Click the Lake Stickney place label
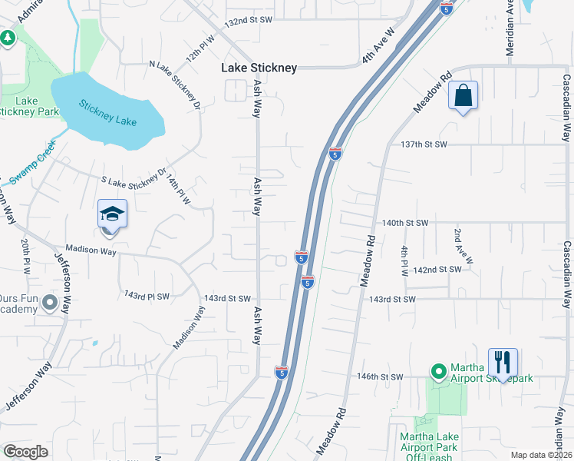point(259,68)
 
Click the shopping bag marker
point(463,96)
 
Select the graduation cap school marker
point(112,214)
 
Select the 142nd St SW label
point(437,270)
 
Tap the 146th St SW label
point(380,376)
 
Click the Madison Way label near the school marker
point(91,250)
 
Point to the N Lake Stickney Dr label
point(175,84)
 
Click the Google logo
point(26,452)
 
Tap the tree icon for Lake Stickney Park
point(8,37)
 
